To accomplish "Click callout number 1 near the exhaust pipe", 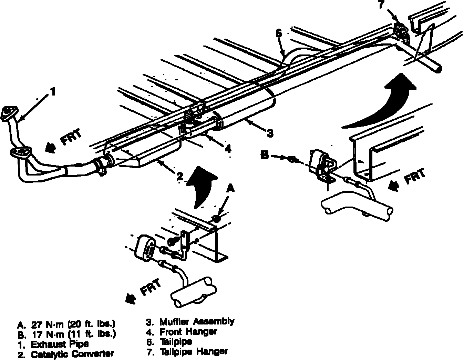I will coord(52,92).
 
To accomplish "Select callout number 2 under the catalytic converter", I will coord(179,176).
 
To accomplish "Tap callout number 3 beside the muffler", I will coord(270,132).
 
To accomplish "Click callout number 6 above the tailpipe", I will coord(279,33).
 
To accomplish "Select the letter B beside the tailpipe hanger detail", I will coord(265,156).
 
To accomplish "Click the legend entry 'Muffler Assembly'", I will coord(197,322).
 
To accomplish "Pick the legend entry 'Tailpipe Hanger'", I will coord(193,352).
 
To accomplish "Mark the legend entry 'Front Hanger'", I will coord(188,332).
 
